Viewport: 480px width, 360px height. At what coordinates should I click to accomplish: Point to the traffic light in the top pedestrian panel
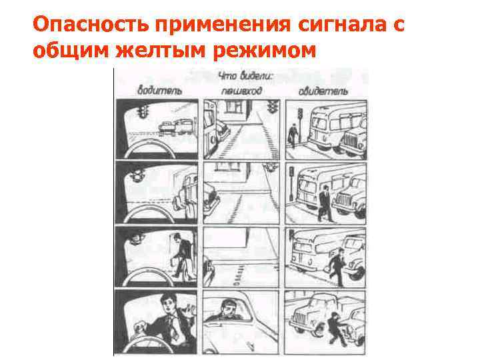[x=271, y=107]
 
